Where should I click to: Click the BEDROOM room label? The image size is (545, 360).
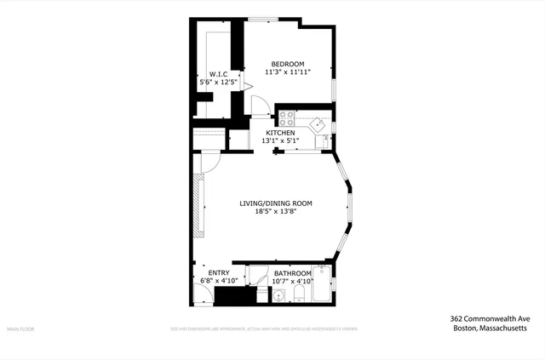tap(288, 64)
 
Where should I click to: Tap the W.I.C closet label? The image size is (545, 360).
tap(217, 74)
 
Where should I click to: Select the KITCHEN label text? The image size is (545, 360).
tap(280, 133)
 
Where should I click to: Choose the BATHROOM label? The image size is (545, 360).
tap(292, 272)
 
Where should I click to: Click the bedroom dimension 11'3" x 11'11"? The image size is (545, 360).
tap(288, 73)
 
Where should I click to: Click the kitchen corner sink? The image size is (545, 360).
tap(319, 123)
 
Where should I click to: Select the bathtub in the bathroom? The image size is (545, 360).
tap(322, 286)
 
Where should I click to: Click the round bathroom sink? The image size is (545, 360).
tap(278, 295)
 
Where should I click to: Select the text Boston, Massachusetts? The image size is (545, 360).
tap(488, 329)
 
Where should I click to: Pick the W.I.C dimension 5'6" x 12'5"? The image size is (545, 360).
tap(217, 83)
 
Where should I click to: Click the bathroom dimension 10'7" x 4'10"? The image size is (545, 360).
tap(292, 281)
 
